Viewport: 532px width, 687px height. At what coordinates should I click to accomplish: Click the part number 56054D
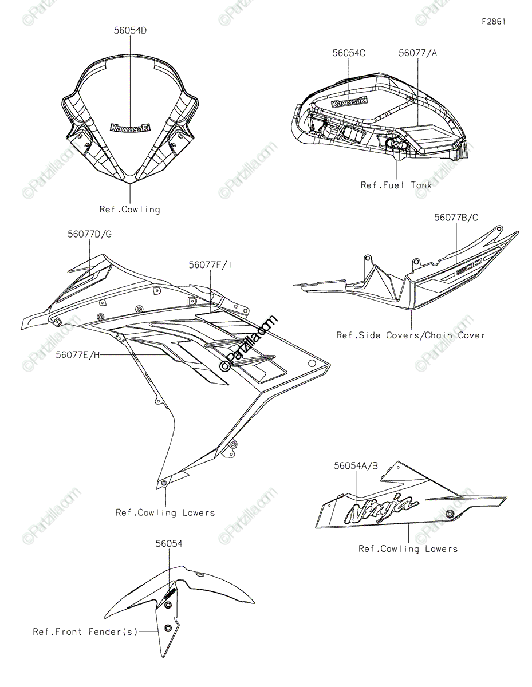(129, 30)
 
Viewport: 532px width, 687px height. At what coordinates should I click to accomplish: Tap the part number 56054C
(349, 53)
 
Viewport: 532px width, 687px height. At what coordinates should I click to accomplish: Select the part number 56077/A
(417, 53)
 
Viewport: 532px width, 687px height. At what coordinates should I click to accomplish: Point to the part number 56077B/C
(456, 218)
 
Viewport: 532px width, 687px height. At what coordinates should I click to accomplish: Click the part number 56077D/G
(90, 234)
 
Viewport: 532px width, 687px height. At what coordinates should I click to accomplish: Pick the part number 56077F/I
(210, 265)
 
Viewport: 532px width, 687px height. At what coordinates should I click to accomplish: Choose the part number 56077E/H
(78, 355)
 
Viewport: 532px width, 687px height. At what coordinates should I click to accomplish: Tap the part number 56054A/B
(356, 466)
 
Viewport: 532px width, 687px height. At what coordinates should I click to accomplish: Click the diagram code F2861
(493, 22)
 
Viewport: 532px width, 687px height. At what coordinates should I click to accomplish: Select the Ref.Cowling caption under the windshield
(130, 210)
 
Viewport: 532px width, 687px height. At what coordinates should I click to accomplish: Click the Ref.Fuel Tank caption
(396, 185)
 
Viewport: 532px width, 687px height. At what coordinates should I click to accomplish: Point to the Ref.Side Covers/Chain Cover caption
(410, 335)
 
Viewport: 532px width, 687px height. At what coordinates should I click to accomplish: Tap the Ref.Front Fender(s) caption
(85, 632)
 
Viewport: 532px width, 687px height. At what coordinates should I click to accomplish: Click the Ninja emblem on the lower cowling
(379, 508)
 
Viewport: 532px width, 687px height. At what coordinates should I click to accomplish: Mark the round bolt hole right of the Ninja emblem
(450, 514)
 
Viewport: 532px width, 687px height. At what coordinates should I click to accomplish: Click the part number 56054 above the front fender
(169, 544)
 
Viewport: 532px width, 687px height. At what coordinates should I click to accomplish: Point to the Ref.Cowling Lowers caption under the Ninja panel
(408, 549)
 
